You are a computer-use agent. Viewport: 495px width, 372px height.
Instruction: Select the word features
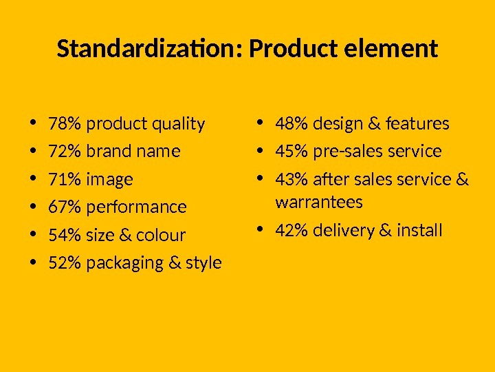(417, 124)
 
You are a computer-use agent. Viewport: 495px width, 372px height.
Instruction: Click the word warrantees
(318, 203)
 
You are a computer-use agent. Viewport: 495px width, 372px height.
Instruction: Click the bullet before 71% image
(33, 180)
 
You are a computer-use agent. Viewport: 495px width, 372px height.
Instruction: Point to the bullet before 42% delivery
(259, 230)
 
